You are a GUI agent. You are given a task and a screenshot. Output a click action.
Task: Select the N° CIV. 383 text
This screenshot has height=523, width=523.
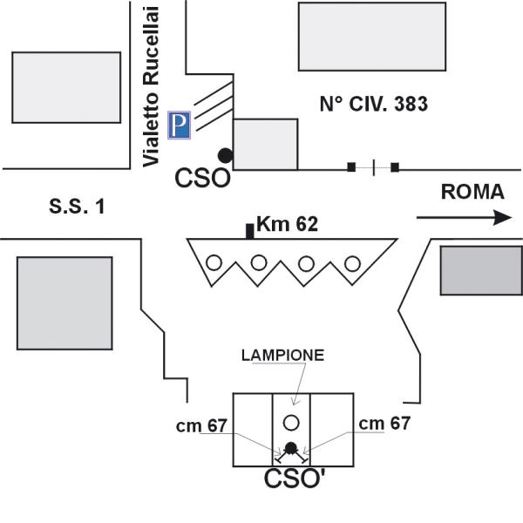(373, 105)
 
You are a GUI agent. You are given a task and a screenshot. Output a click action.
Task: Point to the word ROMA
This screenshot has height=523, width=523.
(472, 193)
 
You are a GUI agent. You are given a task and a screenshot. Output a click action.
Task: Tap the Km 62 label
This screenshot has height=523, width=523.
(287, 225)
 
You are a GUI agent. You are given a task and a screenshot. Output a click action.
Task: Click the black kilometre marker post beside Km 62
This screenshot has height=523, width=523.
(250, 230)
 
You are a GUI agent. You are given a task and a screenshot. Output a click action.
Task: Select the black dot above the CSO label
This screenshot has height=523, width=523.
(225, 155)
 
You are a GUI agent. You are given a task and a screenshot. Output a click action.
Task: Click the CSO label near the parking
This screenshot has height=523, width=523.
(203, 179)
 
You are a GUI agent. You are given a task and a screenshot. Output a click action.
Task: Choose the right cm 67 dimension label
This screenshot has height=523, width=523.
(384, 423)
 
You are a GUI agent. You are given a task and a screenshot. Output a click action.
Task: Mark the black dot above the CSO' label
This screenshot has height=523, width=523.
(291, 450)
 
